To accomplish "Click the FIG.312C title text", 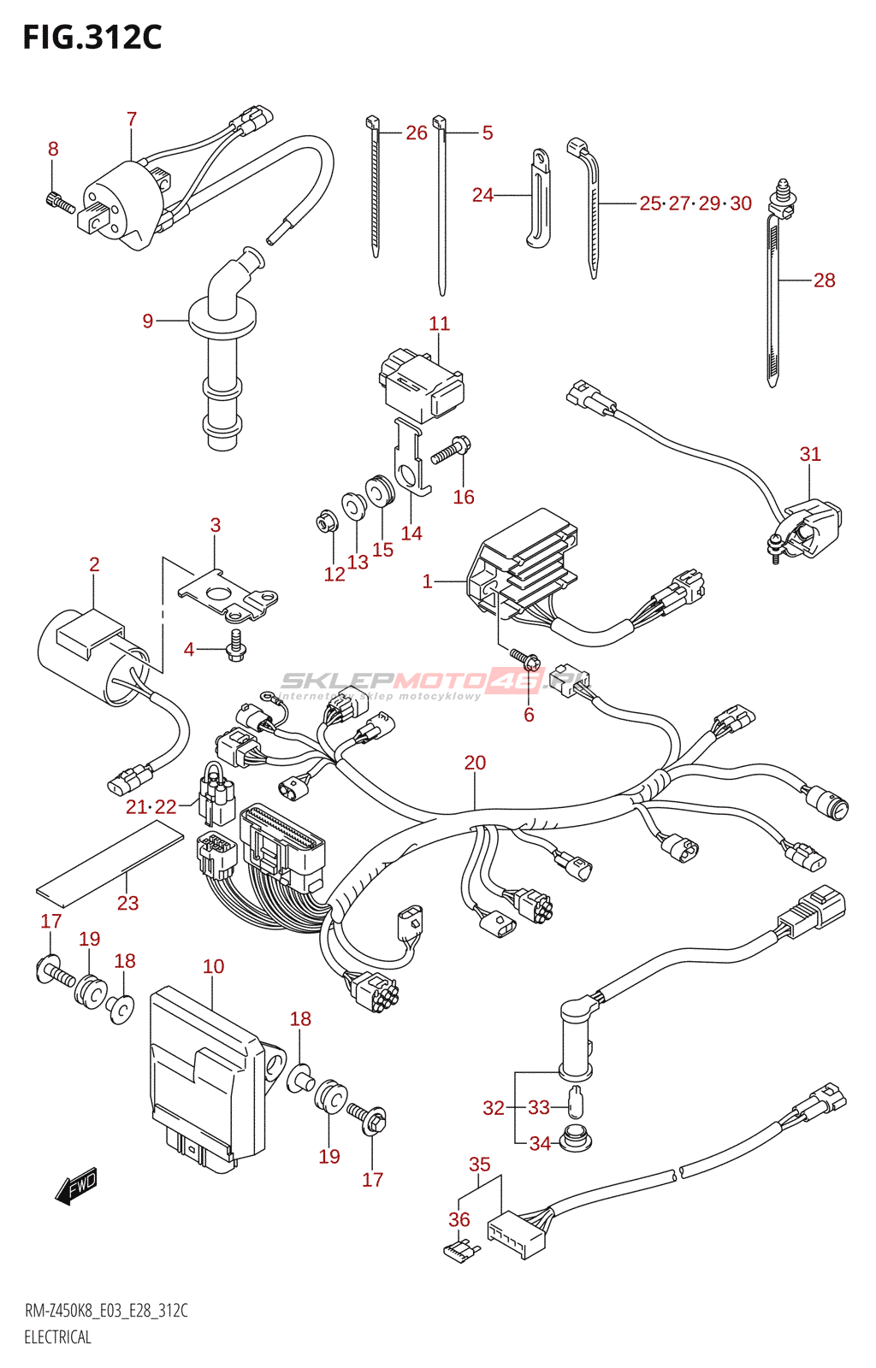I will click(92, 38).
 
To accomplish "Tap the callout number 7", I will click(132, 119).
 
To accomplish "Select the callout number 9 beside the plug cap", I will click(148, 321).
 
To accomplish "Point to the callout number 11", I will click(439, 323).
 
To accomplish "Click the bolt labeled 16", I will click(452, 450).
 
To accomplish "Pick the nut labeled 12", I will click(326, 519).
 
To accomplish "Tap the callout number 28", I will click(824, 280).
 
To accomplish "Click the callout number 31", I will click(809, 454).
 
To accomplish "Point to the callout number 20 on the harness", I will click(475, 762).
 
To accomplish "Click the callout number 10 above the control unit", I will click(213, 966).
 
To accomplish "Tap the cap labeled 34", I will click(576, 1140).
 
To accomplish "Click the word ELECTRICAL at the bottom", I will click(57, 1337).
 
